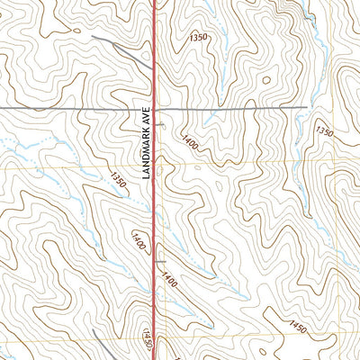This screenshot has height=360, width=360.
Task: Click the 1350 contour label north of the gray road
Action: tap(199, 38)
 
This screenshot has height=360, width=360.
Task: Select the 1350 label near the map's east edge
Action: tap(324, 131)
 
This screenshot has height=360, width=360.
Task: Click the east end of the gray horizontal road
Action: tap(307, 109)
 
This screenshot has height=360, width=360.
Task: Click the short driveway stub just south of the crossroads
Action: tap(159, 123)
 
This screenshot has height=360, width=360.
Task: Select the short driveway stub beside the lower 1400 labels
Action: tap(159, 262)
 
